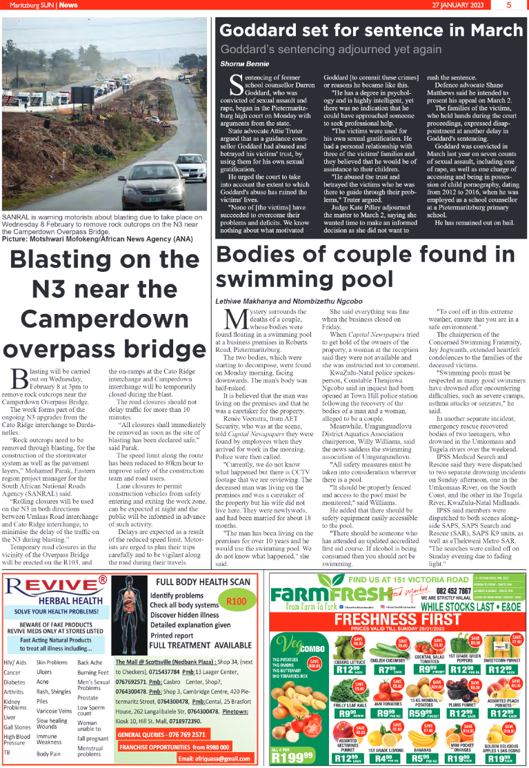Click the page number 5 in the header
(x=508, y=5)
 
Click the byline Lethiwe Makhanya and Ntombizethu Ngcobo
(x=289, y=301)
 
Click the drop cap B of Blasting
(x=19, y=378)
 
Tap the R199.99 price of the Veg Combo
(x=292, y=755)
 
